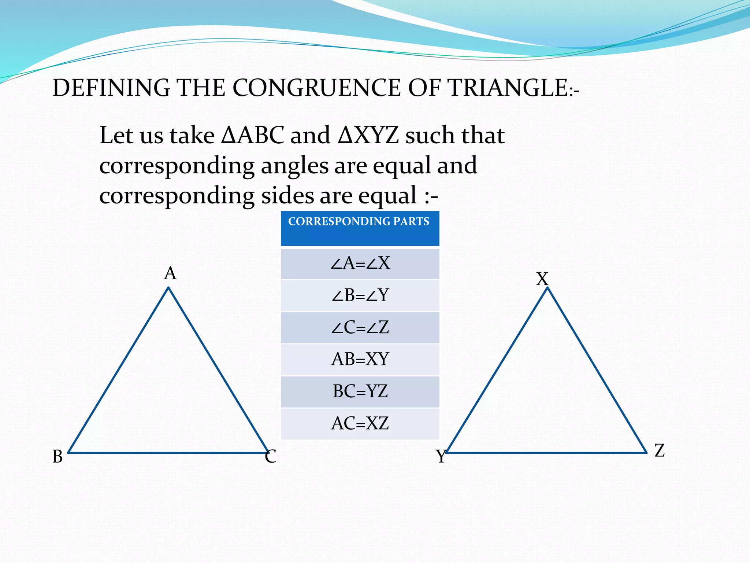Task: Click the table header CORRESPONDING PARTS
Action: [x=359, y=222]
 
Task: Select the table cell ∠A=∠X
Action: [x=360, y=264]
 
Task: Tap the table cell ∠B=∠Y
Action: [x=360, y=295]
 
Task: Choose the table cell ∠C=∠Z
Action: [x=360, y=327]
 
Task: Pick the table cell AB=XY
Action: [x=360, y=359]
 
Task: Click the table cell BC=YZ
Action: [x=360, y=391]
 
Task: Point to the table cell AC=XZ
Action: [x=360, y=423]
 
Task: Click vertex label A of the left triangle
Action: [x=170, y=273]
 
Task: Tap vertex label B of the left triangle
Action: [x=57, y=457]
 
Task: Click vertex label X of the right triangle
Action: [x=542, y=279]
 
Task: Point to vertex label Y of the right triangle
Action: [x=441, y=457]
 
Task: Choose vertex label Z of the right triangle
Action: [x=660, y=450]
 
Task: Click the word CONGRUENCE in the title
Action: [x=317, y=88]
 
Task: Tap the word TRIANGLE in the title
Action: [x=508, y=88]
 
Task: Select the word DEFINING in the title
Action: [x=111, y=88]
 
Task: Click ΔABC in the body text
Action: [x=253, y=135]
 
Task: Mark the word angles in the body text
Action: [x=294, y=166]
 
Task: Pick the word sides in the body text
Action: [x=287, y=195]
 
